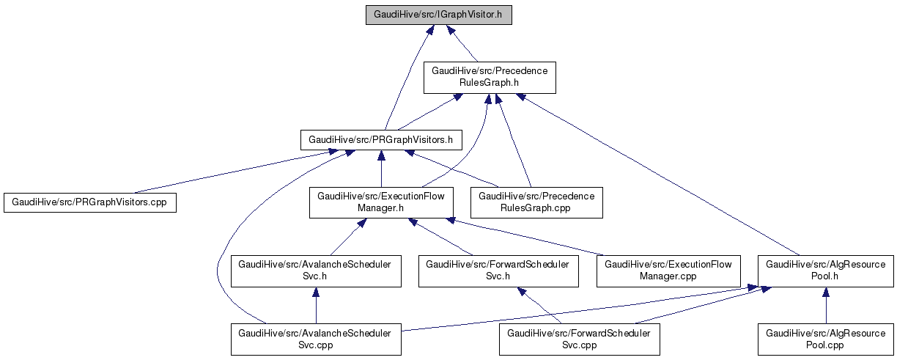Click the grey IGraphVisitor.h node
point(438,15)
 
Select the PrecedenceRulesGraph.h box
point(490,77)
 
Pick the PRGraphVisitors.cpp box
point(90,202)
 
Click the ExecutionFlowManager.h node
point(380,202)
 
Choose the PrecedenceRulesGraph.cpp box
point(536,202)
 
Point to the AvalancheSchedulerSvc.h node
point(316,271)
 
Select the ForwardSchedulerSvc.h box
point(498,271)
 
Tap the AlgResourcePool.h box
point(826,271)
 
